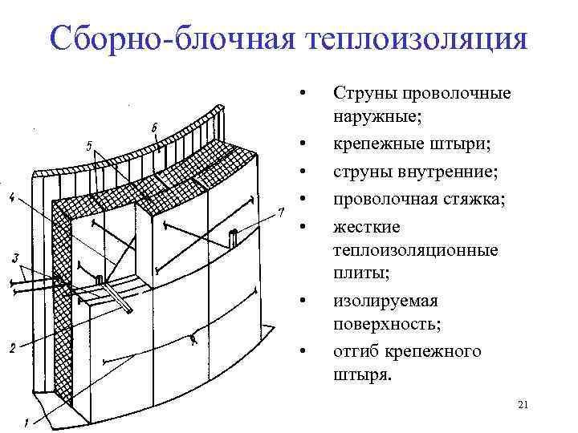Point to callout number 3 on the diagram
click(15, 257)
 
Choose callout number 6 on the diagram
click(153, 127)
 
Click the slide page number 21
click(523, 407)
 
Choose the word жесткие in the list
click(360, 228)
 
